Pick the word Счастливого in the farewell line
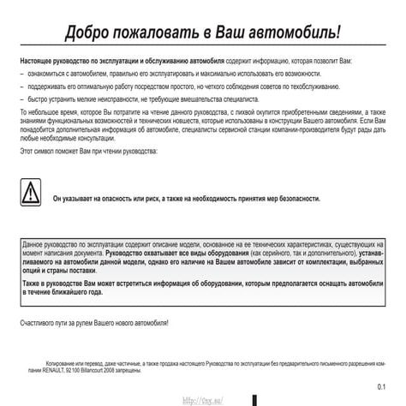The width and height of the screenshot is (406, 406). pyautogui.click(x=39, y=322)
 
